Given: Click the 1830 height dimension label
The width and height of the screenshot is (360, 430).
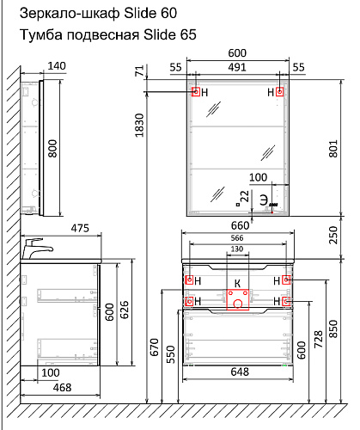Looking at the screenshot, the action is point(139,126).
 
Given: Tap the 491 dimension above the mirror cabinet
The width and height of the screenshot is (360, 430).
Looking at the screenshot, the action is point(237,67).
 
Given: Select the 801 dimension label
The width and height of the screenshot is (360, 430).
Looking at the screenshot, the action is point(333,149).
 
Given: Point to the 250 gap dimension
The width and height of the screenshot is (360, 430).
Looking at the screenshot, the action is point(333,235).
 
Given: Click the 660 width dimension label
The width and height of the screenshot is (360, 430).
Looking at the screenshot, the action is point(240,225).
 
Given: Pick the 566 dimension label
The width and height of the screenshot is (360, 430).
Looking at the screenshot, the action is point(237,238).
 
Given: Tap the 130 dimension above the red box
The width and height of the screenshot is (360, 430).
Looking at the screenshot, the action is point(237,249).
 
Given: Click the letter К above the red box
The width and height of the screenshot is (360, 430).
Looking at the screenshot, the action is point(237,284).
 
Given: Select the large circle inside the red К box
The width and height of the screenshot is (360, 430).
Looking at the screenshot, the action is point(238,304).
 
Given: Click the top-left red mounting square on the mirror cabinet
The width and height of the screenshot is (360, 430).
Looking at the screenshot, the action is point(196,92).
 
